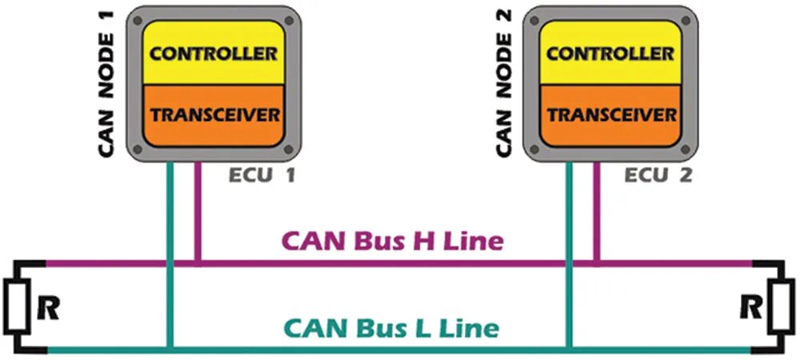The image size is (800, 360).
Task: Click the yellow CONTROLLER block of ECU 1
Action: pos(214,54)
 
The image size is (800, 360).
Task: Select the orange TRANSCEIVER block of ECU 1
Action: pos(214,114)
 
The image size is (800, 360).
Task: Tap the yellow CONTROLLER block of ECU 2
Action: pos(610,54)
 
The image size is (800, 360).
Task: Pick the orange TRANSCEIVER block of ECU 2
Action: pos(610,114)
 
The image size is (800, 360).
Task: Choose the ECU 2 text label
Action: pos(658,174)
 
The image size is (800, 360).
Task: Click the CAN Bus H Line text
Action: pos(391,240)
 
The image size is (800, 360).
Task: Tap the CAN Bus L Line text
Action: pos(392,327)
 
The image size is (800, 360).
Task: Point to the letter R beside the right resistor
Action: pos(750,306)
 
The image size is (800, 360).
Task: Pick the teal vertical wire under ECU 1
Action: pos(169,240)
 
